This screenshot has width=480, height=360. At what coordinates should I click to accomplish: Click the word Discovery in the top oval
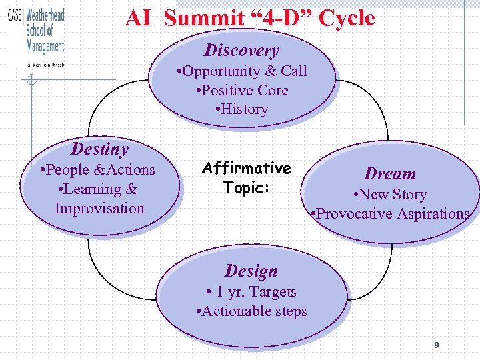(241, 51)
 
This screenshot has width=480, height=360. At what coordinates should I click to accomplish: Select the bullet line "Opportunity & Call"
(241, 71)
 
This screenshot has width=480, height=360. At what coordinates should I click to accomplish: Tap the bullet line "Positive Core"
(241, 90)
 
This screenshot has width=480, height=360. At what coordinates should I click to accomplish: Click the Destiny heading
(99, 149)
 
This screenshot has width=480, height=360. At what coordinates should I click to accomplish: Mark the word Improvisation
(99, 209)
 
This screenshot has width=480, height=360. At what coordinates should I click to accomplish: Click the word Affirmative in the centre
(247, 168)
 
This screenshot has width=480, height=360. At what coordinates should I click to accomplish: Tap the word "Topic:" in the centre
(247, 187)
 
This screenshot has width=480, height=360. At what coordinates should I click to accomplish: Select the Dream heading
(390, 174)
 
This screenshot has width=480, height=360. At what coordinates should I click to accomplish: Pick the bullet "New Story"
(390, 195)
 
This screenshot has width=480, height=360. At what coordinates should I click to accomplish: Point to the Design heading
(251, 271)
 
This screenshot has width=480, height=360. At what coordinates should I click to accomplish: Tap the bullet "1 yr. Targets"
(251, 292)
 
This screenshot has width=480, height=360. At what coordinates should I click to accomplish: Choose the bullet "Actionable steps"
(251, 311)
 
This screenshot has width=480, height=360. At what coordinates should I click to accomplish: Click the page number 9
(436, 345)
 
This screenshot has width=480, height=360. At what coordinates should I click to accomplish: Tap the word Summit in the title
(203, 18)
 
